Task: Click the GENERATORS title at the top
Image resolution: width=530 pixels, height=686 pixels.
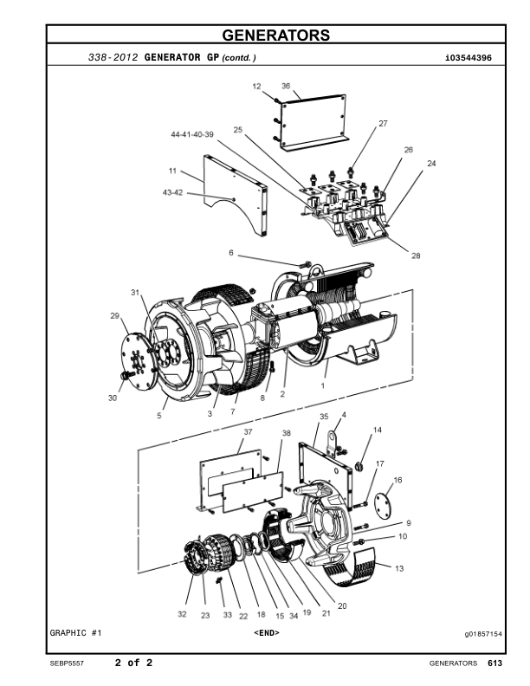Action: click(275, 36)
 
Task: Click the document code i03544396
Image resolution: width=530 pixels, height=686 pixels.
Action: click(467, 58)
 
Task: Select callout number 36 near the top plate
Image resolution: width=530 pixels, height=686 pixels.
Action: click(286, 86)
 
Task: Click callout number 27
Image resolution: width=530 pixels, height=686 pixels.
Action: click(382, 124)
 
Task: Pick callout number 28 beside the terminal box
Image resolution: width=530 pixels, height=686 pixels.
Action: click(416, 256)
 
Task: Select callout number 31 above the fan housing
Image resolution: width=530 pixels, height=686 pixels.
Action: click(135, 293)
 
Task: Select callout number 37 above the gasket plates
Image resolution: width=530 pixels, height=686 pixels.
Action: click(248, 431)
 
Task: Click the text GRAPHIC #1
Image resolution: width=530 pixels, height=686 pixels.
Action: click(76, 633)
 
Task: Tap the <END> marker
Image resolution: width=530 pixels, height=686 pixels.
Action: click(266, 633)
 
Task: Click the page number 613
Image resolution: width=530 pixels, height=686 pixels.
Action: click(494, 663)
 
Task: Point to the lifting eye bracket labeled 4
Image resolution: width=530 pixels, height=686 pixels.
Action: click(333, 436)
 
